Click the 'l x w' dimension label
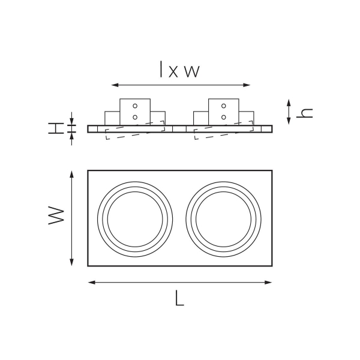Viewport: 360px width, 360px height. [179, 70]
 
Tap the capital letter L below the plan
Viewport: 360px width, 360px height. [179, 298]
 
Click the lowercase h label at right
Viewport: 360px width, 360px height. [306, 112]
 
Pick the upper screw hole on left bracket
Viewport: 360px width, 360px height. [135, 106]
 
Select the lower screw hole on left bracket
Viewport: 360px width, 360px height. [135, 116]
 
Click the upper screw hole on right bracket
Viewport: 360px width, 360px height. [223, 106]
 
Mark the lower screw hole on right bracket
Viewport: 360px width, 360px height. [223, 116]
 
